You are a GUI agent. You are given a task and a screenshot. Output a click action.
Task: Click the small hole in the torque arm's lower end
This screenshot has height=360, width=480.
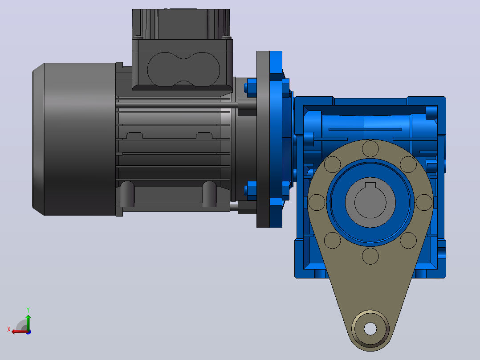(370, 329)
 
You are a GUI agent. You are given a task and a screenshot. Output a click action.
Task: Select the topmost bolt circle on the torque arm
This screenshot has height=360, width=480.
(370, 149)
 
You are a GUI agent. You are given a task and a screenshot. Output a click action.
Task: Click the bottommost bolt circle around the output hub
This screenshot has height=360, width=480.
(370, 256)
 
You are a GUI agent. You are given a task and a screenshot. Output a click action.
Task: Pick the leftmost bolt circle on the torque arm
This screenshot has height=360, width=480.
(317, 202)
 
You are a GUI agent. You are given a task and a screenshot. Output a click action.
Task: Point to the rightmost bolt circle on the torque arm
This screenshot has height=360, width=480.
(424, 202)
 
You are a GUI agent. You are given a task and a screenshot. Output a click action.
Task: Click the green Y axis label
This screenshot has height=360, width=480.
(28, 310)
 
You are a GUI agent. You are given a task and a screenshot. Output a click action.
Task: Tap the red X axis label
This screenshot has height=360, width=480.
(9, 329)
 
